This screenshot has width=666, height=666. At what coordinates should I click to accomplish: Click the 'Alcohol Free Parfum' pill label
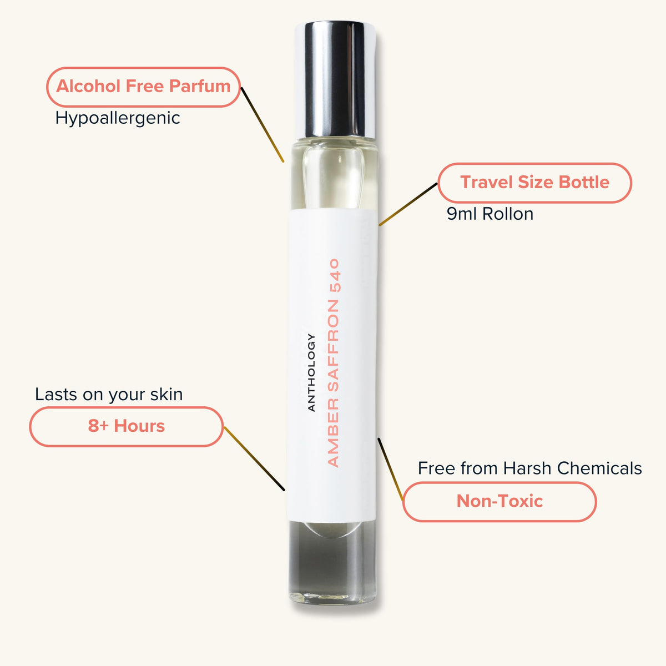pyautogui.click(x=143, y=87)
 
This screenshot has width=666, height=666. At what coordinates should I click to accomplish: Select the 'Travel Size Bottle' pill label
pyautogui.click(x=534, y=183)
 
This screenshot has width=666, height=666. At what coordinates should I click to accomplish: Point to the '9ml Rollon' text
pyautogui.click(x=490, y=214)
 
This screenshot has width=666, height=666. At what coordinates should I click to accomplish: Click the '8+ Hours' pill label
pyautogui.click(x=127, y=426)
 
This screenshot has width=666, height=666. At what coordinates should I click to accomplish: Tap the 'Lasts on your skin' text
pyautogui.click(x=109, y=395)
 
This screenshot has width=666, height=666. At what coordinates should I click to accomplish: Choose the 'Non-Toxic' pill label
pyautogui.click(x=500, y=502)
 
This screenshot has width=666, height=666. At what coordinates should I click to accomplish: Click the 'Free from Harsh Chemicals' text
pyautogui.click(x=530, y=468)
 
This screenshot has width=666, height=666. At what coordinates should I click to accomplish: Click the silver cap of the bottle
pyautogui.click(x=335, y=80)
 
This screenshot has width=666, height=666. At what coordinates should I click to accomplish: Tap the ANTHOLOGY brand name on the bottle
pyautogui.click(x=311, y=372)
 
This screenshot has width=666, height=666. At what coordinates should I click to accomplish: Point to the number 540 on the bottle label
pyautogui.click(x=335, y=275)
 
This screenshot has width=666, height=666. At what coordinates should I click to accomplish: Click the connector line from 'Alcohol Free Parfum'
pyautogui.click(x=263, y=125)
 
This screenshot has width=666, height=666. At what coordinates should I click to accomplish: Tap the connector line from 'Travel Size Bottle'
pyautogui.click(x=408, y=204)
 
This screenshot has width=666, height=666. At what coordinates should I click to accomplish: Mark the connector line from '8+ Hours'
pyautogui.click(x=254, y=458)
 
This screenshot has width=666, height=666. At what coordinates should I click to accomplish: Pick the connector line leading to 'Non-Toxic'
pyautogui.click(x=390, y=470)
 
